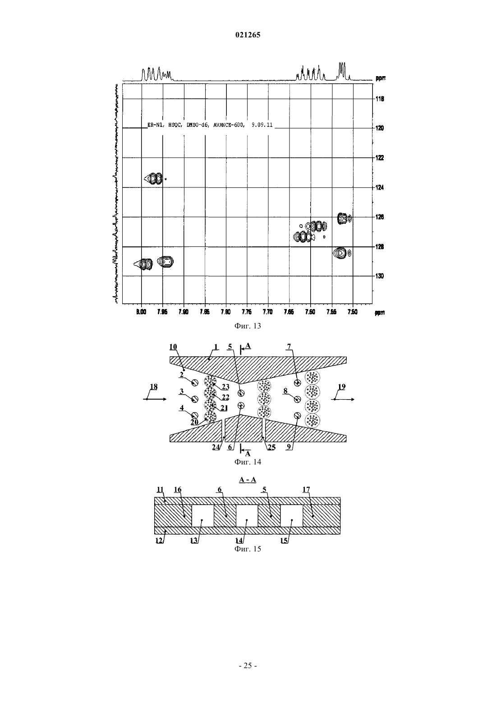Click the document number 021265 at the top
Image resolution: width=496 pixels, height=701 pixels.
coord(248,35)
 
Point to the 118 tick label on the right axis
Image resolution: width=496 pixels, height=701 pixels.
coord(380,99)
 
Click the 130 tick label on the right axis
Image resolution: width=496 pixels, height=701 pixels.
coord(380,276)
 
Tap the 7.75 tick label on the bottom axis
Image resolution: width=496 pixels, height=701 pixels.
coord(247,312)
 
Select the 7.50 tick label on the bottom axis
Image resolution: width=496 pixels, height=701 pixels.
coord(353,312)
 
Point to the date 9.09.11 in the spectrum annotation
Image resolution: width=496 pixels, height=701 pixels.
coord(262,125)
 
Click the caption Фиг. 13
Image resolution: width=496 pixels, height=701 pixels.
coord(248,326)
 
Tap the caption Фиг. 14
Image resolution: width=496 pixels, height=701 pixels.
coord(248,462)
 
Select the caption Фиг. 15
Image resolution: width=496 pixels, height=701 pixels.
coord(248,549)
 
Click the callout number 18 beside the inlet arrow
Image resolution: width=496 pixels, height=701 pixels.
coord(153,387)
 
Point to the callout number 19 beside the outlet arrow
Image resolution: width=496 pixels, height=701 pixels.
coord(342,387)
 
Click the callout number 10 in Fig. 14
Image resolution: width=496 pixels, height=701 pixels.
coord(173,347)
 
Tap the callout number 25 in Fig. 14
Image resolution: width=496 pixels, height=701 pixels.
coord(271,447)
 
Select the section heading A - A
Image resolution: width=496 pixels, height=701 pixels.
coord(248,480)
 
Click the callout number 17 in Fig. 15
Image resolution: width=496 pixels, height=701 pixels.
coord(306,489)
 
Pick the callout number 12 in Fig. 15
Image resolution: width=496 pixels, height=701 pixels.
coord(159,540)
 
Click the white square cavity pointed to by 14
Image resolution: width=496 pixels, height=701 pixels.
coord(247,515)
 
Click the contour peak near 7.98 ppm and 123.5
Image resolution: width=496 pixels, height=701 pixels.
coord(153,179)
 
